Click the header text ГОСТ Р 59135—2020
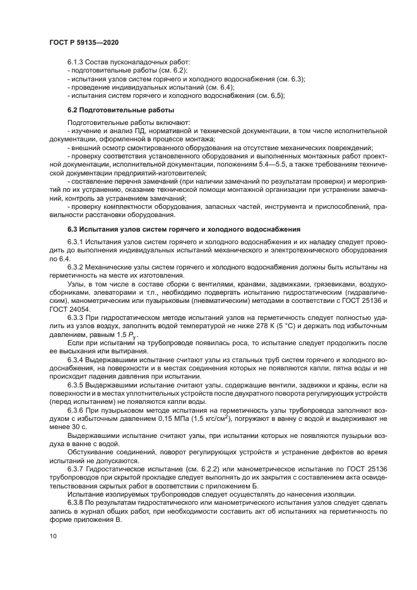(x=83, y=41)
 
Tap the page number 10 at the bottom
(x=52, y=553)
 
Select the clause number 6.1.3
(x=78, y=63)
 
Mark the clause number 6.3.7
(x=78, y=471)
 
